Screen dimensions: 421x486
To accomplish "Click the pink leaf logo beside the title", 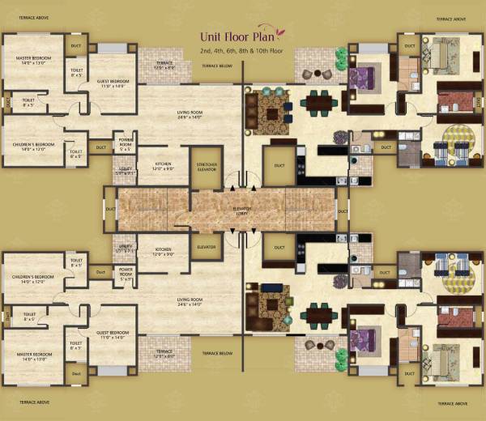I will pos(279,33).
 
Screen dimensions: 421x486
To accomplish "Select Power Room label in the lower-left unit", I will pos(126,271).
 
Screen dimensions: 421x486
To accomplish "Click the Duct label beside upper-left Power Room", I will pos(100,147).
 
